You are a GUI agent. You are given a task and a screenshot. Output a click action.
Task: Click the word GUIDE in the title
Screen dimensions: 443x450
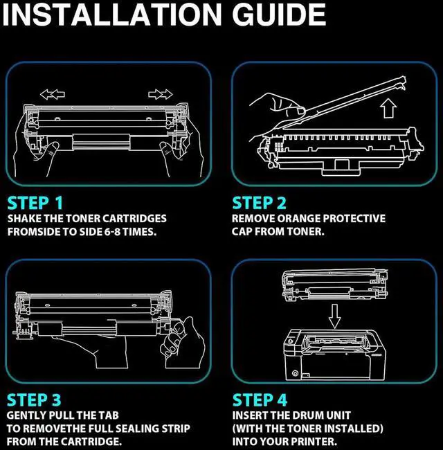coord(279,15)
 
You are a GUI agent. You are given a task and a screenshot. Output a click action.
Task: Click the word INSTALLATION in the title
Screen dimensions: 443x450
coord(112,15)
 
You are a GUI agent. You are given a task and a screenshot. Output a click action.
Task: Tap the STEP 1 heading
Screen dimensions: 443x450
coord(35,203)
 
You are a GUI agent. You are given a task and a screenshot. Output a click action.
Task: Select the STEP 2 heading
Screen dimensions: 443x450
coord(260,203)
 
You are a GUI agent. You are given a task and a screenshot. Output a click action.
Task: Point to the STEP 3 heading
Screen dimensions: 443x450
coord(34,399)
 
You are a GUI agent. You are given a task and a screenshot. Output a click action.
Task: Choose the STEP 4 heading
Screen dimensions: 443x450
coord(260,399)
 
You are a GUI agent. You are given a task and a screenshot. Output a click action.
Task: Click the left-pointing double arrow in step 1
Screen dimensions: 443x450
coord(53,94)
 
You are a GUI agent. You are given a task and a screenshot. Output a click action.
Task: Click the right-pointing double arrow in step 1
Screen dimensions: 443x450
coord(161,94)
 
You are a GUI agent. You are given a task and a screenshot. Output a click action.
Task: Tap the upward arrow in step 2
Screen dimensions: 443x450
coord(388,108)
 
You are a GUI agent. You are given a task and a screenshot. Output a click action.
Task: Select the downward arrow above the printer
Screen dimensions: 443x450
coord(334,316)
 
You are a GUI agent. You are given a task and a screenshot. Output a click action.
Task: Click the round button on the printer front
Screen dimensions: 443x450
coord(295,373)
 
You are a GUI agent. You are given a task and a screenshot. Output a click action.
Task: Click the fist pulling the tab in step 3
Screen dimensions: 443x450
coord(183,342)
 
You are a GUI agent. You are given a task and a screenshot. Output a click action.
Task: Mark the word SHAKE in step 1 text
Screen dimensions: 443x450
coord(24,219)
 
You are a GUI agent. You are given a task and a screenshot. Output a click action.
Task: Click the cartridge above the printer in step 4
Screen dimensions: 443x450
coord(334,285)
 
